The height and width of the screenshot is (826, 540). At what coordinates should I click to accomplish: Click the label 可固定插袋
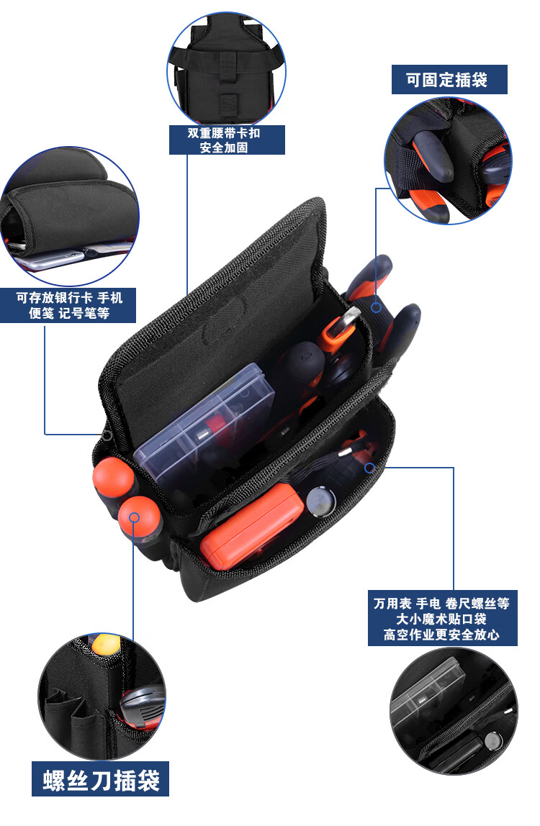449,80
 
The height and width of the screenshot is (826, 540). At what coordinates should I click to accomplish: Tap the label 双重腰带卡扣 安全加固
227,140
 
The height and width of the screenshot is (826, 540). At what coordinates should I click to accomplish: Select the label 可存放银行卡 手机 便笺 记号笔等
68,306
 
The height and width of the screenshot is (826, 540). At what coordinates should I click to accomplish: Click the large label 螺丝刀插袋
101,780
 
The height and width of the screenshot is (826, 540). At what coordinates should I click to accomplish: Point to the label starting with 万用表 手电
443,619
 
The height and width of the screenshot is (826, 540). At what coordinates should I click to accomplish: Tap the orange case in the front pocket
252,527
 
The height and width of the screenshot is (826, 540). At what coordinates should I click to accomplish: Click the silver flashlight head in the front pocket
320,501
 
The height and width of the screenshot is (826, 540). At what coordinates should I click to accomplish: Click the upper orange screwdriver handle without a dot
112,478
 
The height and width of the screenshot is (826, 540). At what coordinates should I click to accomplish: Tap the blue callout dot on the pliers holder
376,308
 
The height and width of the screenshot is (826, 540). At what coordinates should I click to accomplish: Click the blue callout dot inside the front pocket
369,467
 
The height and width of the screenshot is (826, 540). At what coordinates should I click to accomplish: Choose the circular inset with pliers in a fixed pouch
449,160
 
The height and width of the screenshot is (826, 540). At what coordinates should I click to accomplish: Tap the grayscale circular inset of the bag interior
454,711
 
